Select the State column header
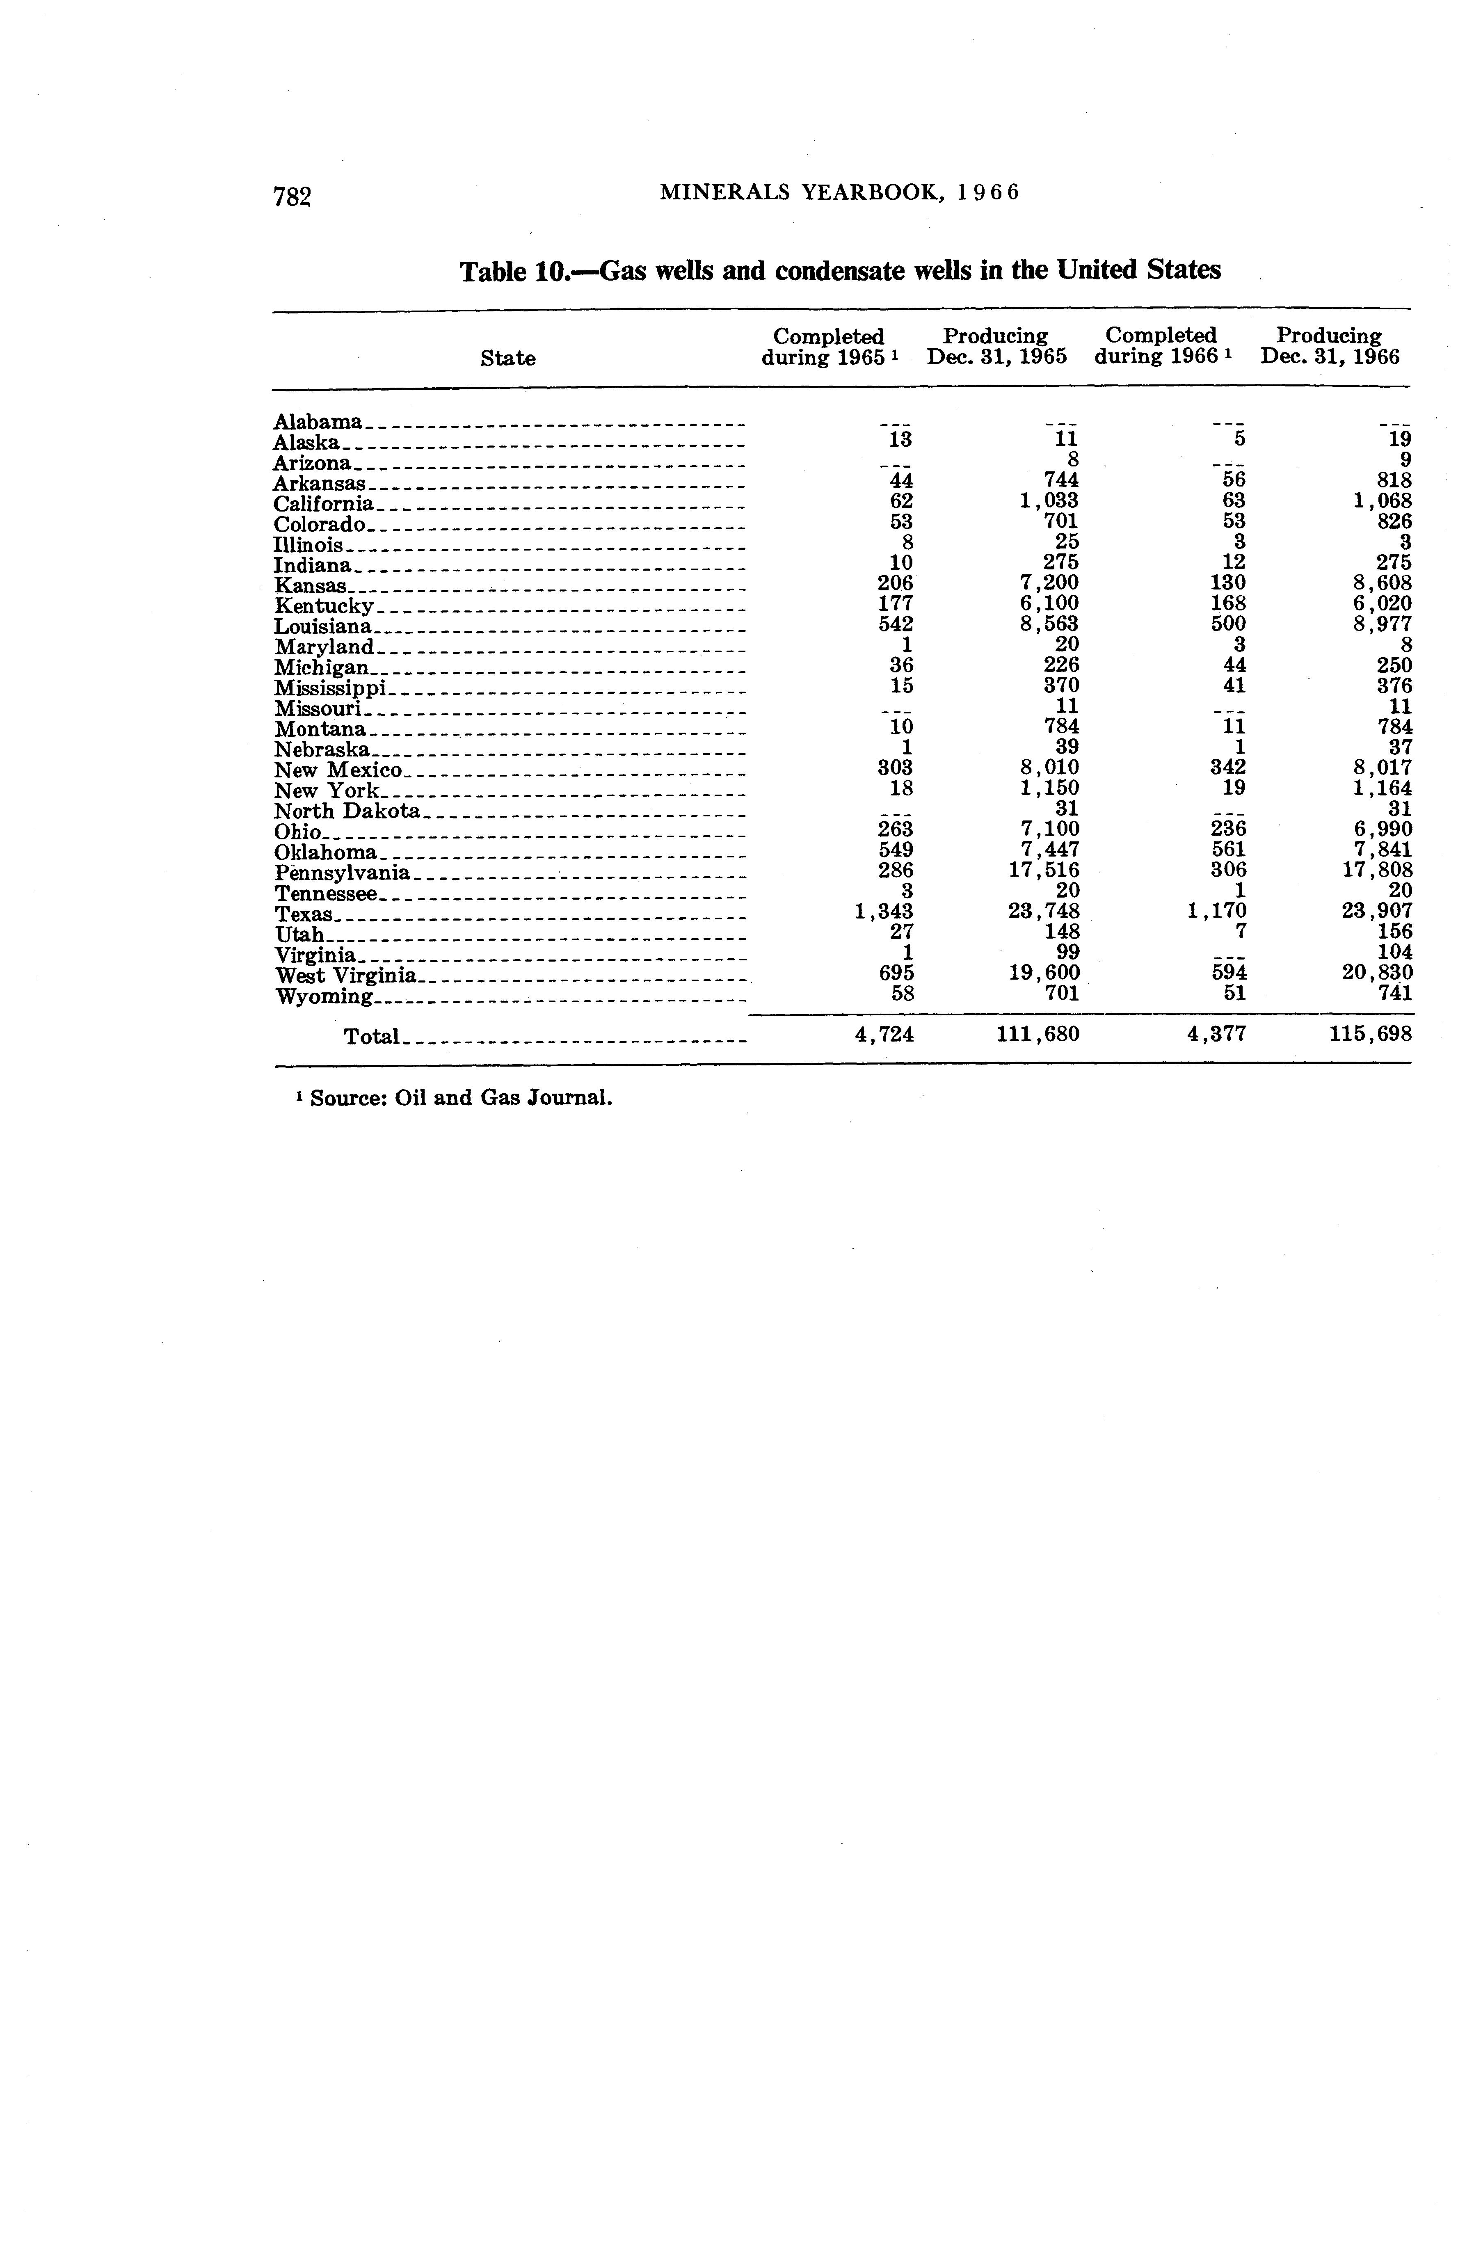coord(508,359)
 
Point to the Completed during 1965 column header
coord(829,346)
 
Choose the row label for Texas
coord(304,914)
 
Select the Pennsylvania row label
coord(342,873)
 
